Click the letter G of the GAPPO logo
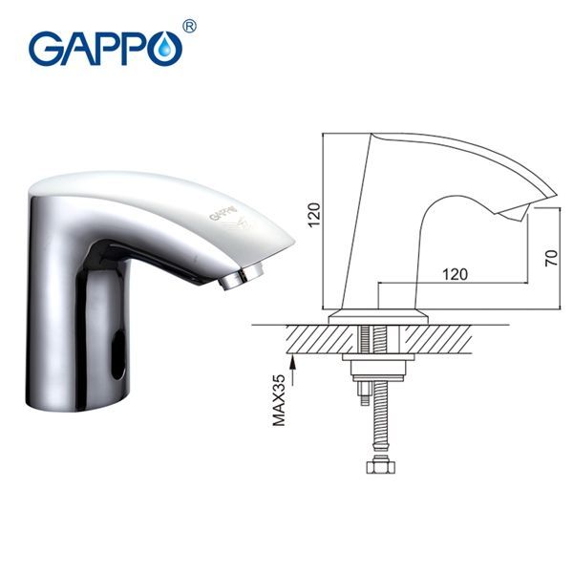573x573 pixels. coord(48,49)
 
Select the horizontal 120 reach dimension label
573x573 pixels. coord(455,274)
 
